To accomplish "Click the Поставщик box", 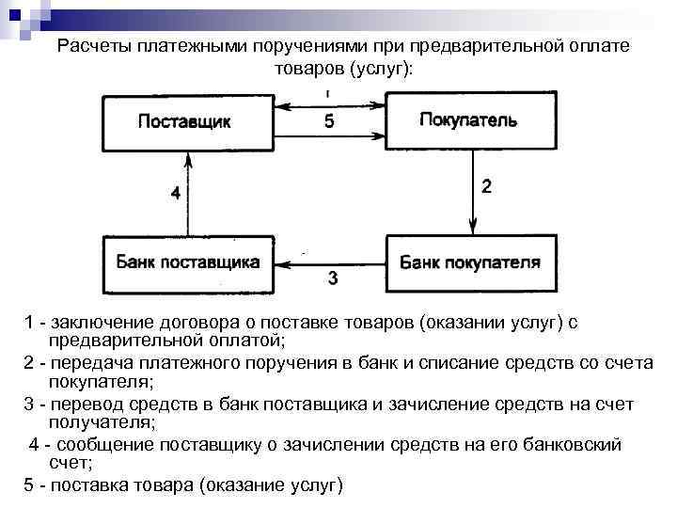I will point(184,121).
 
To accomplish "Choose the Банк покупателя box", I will point(469,263).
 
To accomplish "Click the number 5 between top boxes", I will point(329,121).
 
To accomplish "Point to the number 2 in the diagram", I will point(486,186).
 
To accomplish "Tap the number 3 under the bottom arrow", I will point(332,278).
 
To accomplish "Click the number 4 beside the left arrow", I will point(175,194).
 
